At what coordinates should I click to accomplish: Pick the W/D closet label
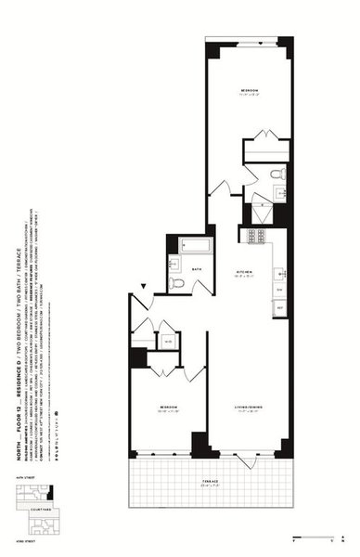(x=167, y=340)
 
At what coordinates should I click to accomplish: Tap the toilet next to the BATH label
(x=174, y=281)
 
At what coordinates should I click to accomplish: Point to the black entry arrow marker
(x=143, y=288)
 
